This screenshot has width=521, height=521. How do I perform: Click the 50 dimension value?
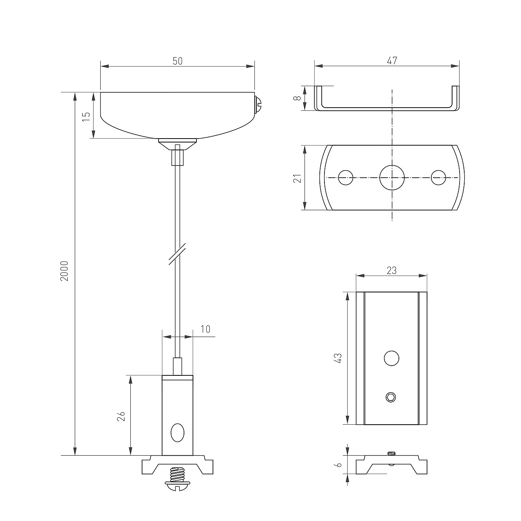pos(177,61)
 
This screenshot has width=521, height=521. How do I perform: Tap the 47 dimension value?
pos(392,61)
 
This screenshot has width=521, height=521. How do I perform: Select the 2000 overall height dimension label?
pos(64,271)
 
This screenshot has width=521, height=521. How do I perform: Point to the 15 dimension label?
pos(86,116)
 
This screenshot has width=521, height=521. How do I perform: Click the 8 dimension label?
pos(297,98)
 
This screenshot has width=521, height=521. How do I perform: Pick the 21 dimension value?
pos(297,178)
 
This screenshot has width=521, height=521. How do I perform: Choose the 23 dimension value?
pos(391,270)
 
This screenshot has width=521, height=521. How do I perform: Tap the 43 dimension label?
pos(338,358)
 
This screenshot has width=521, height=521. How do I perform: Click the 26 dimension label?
pos(121,416)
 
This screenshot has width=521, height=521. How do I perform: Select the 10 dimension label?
pos(206,329)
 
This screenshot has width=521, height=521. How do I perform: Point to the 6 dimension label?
pos(338,465)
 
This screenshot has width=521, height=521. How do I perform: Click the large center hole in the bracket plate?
pos(392,178)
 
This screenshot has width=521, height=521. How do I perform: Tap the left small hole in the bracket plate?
pos(346,178)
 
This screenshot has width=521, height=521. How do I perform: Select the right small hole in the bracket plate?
pos(438,178)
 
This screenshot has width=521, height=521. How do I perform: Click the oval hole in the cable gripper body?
pos(177,433)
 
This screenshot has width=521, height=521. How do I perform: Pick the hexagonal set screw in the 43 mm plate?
pos(391,397)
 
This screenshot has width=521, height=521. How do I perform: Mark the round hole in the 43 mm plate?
pos(391,358)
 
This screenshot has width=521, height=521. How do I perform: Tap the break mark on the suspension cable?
pos(177,254)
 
